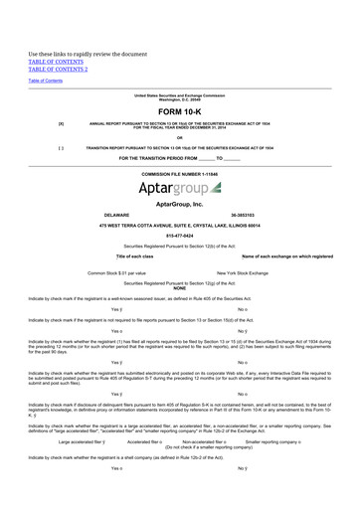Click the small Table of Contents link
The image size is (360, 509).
click(45, 81)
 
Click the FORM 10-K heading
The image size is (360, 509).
click(179, 112)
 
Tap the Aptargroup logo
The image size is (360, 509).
click(180, 187)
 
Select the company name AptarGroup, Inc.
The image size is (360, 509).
click(179, 203)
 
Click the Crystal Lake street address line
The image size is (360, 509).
click(179, 225)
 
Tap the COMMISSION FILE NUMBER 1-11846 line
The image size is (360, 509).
click(179, 173)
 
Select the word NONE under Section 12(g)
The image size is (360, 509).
click(179, 287)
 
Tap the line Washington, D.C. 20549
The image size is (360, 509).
click(179, 99)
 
